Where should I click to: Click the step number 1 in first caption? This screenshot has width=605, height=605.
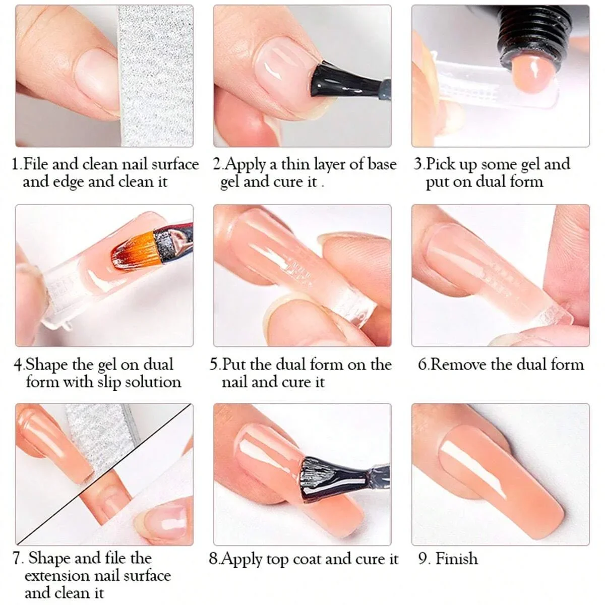click(16, 164)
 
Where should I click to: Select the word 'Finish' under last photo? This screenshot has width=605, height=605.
click(456, 558)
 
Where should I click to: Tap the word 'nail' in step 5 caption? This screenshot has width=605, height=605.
click(234, 382)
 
